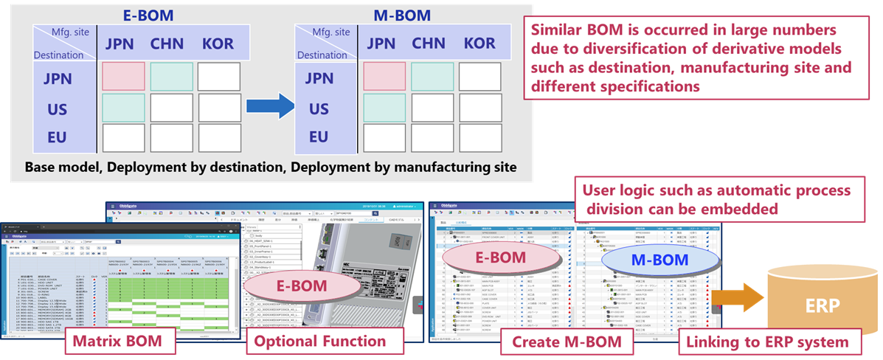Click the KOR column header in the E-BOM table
click(x=218, y=43)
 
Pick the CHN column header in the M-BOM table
click(x=429, y=43)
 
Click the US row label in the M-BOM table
click(x=319, y=108)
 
